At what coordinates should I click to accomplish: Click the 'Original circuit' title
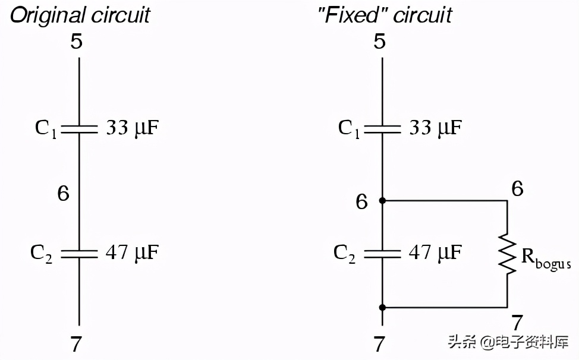click(80, 14)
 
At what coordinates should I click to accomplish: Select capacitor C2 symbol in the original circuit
click(80, 254)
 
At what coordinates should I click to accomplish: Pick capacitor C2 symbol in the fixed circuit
click(382, 254)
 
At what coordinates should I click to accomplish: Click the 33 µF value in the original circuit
click(133, 128)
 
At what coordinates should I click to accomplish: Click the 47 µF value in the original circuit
click(133, 253)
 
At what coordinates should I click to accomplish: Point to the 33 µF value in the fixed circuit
click(435, 128)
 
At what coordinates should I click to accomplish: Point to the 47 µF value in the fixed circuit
click(435, 253)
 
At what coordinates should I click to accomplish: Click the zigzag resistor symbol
click(507, 254)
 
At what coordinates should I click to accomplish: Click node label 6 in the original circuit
click(64, 194)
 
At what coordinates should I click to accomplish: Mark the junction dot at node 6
click(382, 201)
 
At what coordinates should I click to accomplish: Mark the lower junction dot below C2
click(382, 307)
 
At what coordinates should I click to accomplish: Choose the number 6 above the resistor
click(517, 189)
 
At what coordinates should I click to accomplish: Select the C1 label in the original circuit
click(46, 128)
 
